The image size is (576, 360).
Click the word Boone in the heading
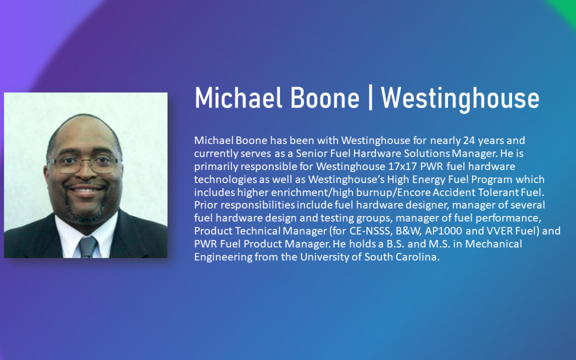point(324,98)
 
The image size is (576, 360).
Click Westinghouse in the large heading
point(460,99)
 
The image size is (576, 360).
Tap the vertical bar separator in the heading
point(370,98)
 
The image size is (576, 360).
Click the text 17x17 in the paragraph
point(402,166)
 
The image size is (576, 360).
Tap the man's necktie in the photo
point(88,247)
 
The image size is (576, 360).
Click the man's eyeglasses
point(84,164)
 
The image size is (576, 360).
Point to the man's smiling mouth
point(85,190)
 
